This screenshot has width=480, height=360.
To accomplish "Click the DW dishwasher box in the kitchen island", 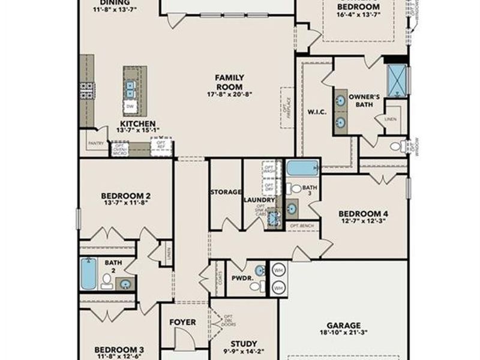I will [130, 107].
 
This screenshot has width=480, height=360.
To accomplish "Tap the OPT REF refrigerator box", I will [161, 147].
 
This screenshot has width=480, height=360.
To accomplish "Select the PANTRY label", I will [95, 144].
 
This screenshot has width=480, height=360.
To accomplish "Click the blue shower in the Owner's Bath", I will [397, 80].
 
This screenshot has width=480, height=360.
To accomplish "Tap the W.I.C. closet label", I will [316, 111].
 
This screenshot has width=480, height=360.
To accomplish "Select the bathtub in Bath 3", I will [302, 167].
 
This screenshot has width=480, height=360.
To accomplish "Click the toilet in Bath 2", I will [107, 280].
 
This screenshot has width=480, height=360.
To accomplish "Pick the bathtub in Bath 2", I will [89, 274].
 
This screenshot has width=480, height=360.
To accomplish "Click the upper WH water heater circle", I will [278, 270].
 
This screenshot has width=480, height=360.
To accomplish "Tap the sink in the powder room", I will [259, 271].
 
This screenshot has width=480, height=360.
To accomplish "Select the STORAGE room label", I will [226, 192].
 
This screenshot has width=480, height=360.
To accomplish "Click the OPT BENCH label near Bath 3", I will [299, 226].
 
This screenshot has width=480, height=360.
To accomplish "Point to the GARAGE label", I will [344, 325].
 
